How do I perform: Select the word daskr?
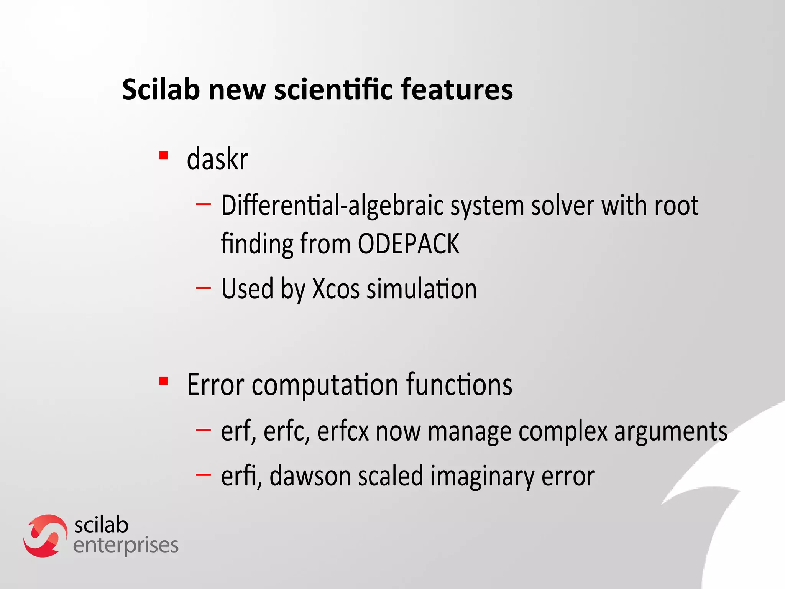pos(217,159)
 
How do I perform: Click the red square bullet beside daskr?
pos(164,156)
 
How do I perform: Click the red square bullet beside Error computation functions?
pos(164,381)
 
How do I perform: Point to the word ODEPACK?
pos(409,244)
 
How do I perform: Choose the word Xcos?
pos(336,289)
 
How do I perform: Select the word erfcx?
pos(343,431)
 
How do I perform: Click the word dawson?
pos(310,476)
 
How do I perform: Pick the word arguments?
pos(670,431)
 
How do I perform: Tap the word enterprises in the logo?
pos(126,546)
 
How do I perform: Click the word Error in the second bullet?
pos(215,385)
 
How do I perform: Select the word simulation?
pos(422,289)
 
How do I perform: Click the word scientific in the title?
pos(333,89)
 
